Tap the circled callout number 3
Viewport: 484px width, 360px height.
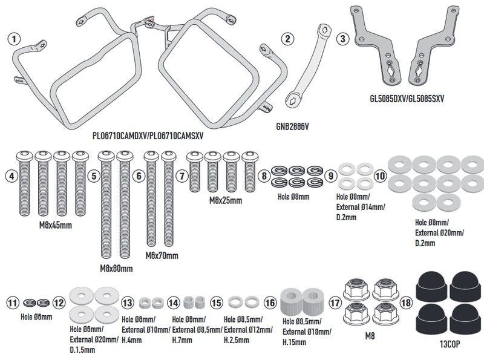(x=343, y=39)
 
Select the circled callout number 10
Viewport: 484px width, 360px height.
(x=380, y=176)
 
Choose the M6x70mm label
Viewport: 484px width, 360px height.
(x=162, y=256)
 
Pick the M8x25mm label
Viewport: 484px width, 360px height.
(x=222, y=200)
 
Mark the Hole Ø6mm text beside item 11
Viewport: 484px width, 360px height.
(x=36, y=316)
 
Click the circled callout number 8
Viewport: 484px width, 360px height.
(x=263, y=176)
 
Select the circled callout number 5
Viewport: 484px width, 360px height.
(x=92, y=176)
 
